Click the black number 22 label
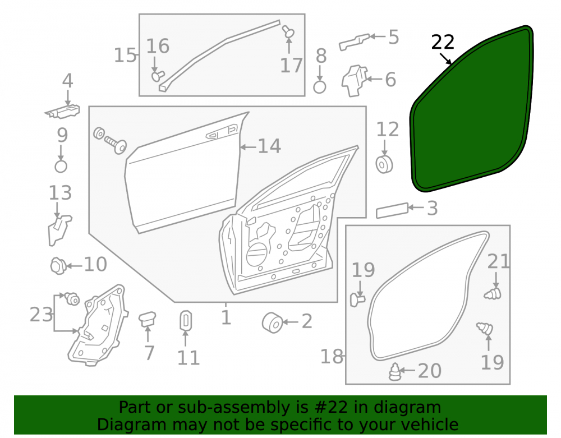pos(443,42)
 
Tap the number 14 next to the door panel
pos(269,146)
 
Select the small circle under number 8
pos(320,87)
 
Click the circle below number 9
pos(61,166)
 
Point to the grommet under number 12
pos(384,164)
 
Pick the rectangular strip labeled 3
pos(392,211)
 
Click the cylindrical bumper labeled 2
pos(273,322)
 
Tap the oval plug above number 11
pos(185,320)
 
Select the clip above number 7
pos(147,319)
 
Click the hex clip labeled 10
pos(59,266)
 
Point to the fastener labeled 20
pos(396,372)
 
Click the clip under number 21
pos(493,293)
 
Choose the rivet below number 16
pos(158,76)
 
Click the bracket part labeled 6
pos(355,81)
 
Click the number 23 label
pos(41,315)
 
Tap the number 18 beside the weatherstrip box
pos(332,356)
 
